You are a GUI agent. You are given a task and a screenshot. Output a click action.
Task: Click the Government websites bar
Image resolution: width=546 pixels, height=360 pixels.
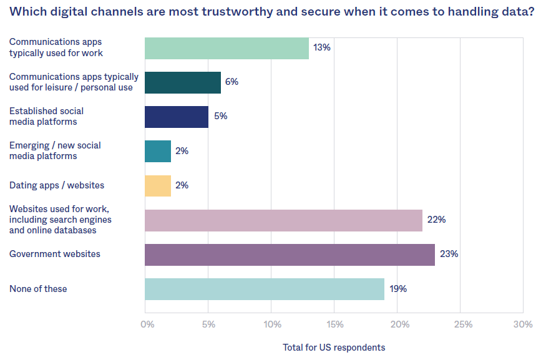pos(290,255)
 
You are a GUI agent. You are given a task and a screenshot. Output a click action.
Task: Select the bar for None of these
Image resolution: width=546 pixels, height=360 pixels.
pos(265,289)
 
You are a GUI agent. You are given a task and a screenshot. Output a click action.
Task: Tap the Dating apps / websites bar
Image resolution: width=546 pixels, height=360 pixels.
pos(158,185)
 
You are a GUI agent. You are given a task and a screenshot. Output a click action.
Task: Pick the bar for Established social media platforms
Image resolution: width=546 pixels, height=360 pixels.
pos(177,116)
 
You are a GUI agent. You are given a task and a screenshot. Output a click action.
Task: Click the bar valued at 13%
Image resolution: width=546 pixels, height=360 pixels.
pos(227,48)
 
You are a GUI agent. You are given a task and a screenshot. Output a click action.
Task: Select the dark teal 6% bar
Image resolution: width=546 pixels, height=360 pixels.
pos(183,82)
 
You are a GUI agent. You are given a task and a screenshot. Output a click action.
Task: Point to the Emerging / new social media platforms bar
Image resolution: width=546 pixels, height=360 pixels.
pos(158,151)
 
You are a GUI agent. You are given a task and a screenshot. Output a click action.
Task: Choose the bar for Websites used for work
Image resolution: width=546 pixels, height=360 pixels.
pos(283,220)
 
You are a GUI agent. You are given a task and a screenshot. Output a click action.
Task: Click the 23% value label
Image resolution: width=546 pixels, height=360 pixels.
pos(449,254)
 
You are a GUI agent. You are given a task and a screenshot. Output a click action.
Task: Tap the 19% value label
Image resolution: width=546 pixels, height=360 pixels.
pos(398,289)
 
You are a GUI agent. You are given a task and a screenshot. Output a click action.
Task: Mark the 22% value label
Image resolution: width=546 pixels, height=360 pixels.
pos(436,220)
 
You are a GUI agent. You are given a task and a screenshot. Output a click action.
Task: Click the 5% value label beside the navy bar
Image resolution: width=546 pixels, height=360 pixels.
pos(220,116)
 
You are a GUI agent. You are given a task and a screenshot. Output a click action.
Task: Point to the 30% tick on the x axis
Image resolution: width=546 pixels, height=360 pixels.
pos(523,324)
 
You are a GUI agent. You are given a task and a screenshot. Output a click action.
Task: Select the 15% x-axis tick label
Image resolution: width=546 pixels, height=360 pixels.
pos(334,324)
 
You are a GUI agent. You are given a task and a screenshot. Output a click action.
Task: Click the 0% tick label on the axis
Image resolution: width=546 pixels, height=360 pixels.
pos(147,324)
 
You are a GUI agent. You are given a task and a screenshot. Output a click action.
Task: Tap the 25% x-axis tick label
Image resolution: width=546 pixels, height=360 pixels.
pos(463,324)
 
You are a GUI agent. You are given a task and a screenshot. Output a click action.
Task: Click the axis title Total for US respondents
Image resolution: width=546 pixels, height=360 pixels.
pos(334,347)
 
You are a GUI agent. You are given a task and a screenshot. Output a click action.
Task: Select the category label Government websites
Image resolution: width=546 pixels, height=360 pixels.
pos(55,254)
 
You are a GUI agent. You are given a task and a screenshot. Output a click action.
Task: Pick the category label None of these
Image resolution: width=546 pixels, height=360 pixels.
pos(38,289)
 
